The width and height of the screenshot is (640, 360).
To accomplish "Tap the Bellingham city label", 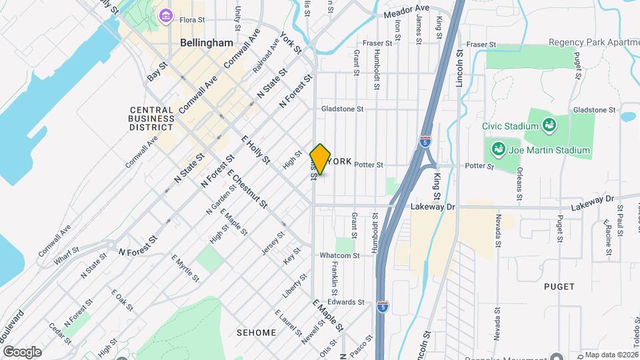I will tap(206, 43).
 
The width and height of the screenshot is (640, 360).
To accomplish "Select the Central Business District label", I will tap(152, 118).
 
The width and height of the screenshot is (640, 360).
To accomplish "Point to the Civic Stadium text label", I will tap(511, 126).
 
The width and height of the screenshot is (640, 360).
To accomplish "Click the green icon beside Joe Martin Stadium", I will tap(497, 148).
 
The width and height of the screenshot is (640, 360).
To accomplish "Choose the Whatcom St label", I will tap(339, 255).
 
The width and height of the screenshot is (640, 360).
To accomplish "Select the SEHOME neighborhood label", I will tap(256, 333).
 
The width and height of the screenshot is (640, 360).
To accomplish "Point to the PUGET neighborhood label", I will tap(559, 287).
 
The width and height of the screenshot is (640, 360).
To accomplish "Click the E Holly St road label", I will tap(255, 150).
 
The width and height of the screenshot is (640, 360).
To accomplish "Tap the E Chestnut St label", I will tap(247, 189).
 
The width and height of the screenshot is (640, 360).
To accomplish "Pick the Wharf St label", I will tap(67, 257).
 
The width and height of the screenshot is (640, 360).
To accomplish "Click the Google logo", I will tap(22, 351).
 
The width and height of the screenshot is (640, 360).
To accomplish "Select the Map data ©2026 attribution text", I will tap(610, 355).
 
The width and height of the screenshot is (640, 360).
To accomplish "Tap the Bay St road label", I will tap(157, 73).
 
